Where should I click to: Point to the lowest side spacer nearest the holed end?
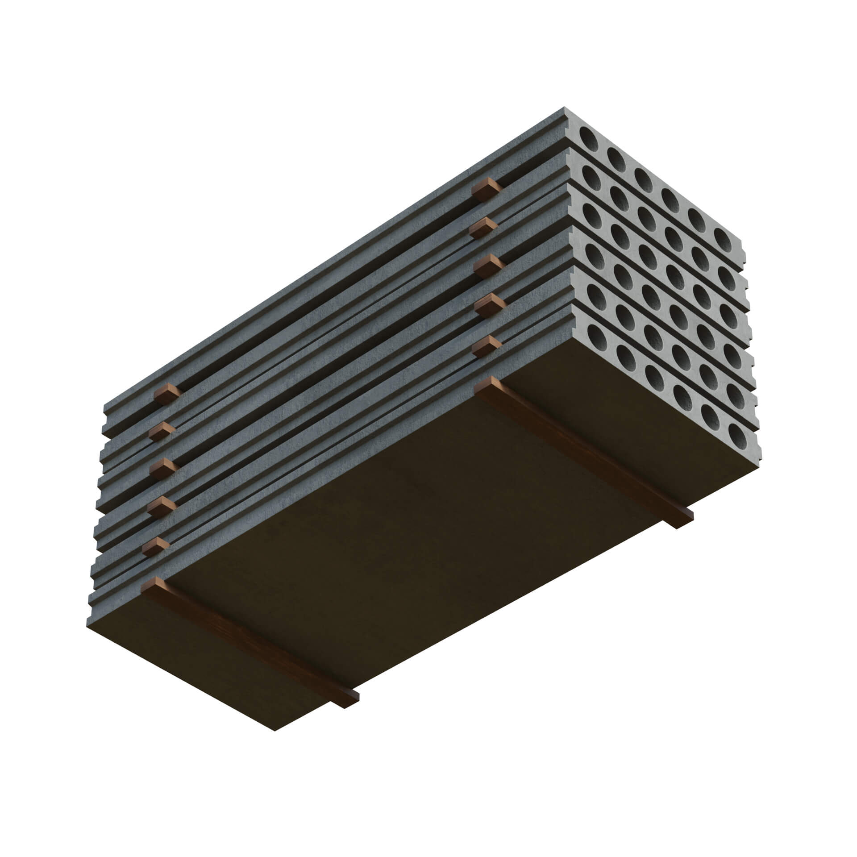(487, 345)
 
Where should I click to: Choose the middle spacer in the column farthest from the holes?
(163, 469)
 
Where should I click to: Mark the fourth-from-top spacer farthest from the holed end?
(161, 506)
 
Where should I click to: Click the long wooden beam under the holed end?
(580, 449)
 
